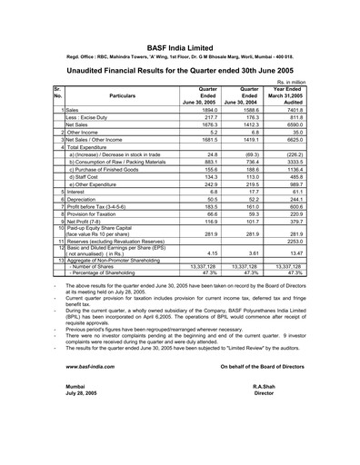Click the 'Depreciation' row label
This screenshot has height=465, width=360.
pos(86,227)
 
